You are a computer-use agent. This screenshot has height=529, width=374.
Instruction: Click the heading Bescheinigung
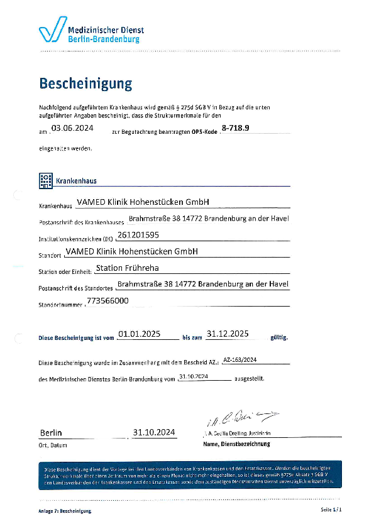tap(85, 84)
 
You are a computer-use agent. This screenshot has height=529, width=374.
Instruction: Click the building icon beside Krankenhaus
tap(46, 180)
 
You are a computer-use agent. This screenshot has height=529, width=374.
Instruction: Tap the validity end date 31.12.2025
tap(229, 334)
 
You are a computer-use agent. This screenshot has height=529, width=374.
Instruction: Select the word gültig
tap(278, 338)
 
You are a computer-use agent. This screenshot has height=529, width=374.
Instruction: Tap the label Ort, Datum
tap(53, 445)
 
